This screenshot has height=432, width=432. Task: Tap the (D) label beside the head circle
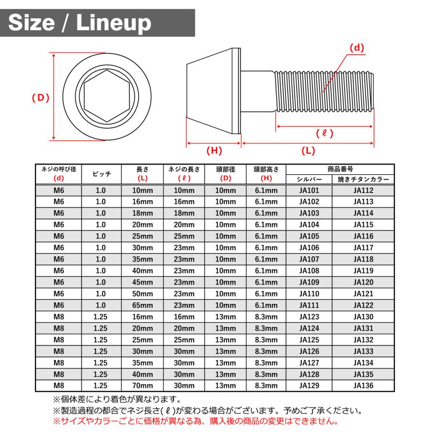(x=41, y=97)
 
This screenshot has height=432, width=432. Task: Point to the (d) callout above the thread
(x=357, y=48)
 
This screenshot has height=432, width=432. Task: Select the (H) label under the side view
(x=214, y=150)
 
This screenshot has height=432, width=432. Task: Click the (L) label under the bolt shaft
(x=308, y=150)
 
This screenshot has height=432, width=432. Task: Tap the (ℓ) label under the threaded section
(x=325, y=133)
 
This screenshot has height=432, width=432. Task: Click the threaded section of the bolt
(x=324, y=91)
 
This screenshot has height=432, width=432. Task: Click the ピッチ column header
(x=101, y=174)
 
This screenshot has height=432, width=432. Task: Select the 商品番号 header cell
(x=340, y=169)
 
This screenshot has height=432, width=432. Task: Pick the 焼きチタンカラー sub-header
(x=363, y=180)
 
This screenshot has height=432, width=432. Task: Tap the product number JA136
(x=363, y=385)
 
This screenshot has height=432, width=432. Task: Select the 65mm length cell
(x=143, y=305)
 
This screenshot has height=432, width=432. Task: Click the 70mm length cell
(x=143, y=385)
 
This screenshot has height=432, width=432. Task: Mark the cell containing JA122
(x=363, y=305)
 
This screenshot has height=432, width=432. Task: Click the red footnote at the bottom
(x=195, y=421)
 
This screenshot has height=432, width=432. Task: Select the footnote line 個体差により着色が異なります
(x=116, y=399)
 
